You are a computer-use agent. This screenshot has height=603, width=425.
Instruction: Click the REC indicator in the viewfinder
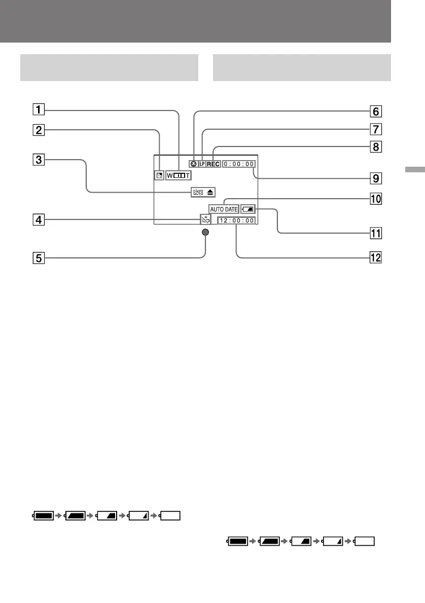(213, 164)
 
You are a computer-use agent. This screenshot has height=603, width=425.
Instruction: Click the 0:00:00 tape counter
(239, 164)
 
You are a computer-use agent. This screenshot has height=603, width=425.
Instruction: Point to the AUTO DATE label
(223, 209)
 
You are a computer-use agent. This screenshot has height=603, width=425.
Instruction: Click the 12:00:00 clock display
(237, 221)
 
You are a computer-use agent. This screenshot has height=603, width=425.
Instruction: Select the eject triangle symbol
(210, 193)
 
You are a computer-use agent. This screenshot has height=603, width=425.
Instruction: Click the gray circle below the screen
(205, 233)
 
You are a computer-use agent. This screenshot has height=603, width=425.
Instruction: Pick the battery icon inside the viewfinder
(249, 208)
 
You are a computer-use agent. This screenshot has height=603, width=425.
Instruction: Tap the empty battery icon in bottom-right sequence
(364, 541)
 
